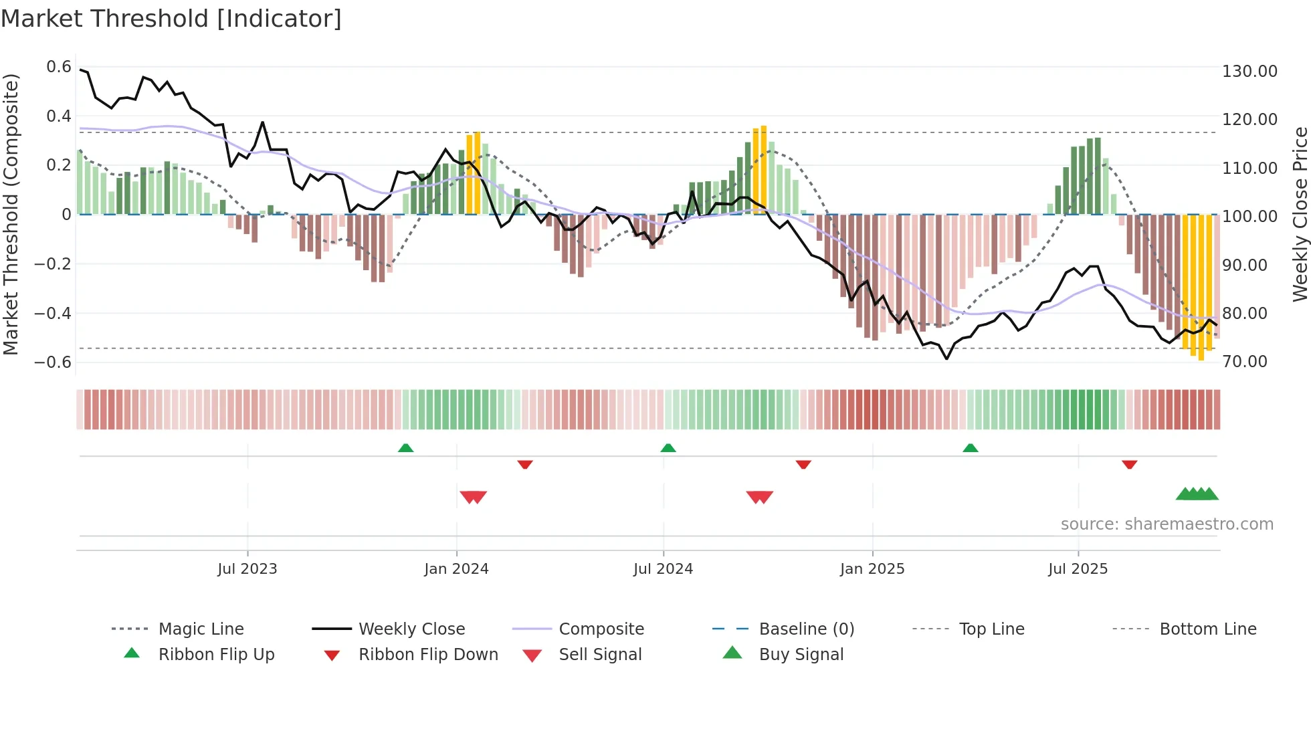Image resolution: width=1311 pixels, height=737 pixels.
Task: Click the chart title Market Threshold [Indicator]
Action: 171,19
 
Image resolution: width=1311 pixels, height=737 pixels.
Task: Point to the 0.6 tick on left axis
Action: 59,67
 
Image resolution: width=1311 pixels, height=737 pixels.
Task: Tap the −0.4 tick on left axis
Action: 53,313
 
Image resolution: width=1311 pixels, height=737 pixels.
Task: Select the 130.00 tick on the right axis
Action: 1249,71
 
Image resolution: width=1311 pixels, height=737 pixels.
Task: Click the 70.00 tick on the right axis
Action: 1245,362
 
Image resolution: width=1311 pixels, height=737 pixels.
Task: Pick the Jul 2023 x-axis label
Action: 247,569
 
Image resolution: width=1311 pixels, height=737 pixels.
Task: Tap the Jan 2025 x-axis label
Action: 872,569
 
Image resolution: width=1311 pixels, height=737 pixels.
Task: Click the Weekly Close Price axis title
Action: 1300,214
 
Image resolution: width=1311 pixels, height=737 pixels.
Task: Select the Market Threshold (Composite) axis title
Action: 11,214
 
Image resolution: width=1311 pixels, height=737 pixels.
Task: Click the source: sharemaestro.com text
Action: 1167,524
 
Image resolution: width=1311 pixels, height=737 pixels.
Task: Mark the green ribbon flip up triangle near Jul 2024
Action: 668,448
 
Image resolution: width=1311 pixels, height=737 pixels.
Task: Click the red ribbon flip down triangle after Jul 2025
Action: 1130,464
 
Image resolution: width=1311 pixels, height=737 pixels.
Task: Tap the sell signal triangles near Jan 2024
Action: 474,497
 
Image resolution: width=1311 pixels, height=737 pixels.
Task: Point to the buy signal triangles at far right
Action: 1197,494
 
